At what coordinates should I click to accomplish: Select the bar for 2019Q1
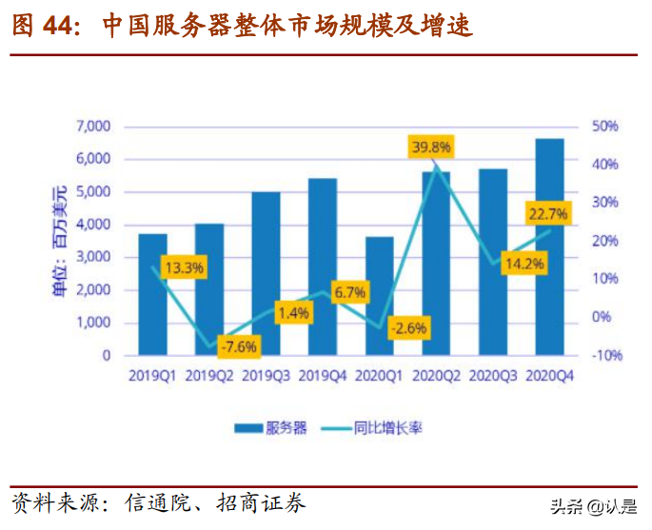point(152,295)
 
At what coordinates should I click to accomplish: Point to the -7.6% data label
point(237,345)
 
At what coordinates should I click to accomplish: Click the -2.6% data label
point(407,328)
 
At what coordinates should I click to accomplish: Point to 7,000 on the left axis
point(93,127)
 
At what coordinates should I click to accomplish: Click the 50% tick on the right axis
point(605,127)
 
